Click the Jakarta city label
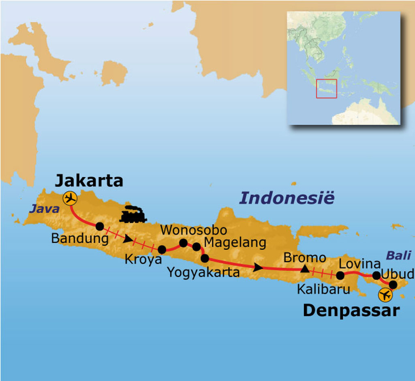click(x=89, y=180)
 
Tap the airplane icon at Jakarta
click(x=70, y=199)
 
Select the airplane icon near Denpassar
click(x=385, y=295)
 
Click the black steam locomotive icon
click(x=133, y=215)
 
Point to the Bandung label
click(x=80, y=238)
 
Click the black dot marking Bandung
click(x=100, y=226)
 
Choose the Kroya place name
click(x=143, y=259)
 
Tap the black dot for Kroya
click(x=162, y=250)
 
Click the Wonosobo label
click(x=193, y=230)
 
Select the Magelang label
click(x=235, y=243)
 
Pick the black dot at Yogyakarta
click(x=205, y=258)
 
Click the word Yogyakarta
click(x=203, y=272)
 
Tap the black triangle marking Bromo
click(x=304, y=268)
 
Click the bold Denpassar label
click(x=351, y=310)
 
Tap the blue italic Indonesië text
click(x=287, y=198)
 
